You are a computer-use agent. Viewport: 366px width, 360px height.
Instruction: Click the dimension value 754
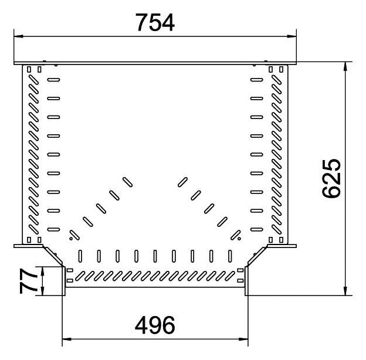(155, 22)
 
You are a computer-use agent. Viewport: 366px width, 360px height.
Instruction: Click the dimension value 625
(331, 178)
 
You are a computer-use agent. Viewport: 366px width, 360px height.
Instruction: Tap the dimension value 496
(155, 325)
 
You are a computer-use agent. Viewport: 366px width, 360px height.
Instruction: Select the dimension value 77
(28, 281)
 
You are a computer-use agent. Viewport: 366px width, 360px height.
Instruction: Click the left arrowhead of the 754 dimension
(18, 36)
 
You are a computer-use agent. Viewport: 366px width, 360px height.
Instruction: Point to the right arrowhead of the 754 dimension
(292, 36)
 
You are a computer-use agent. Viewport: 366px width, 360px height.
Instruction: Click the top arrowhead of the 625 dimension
(345, 66)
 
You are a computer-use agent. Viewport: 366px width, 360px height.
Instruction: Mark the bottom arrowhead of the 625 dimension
(345, 291)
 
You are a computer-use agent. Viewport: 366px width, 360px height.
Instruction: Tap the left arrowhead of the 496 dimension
(67, 339)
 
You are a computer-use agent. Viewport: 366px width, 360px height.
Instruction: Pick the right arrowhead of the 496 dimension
(243, 339)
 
